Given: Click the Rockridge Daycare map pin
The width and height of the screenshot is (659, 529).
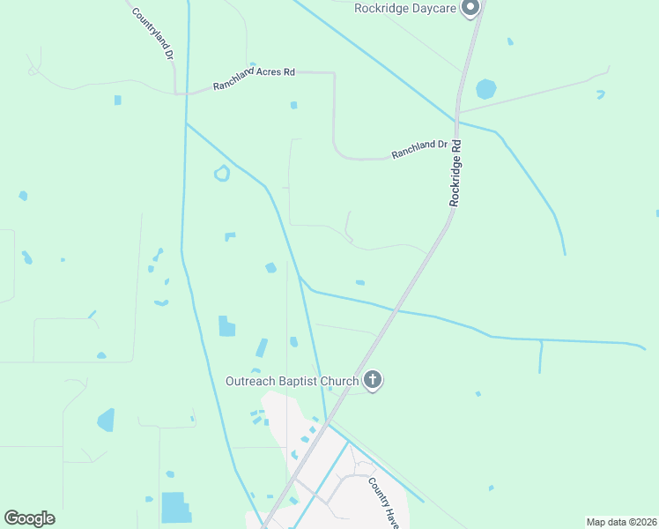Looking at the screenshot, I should (x=470, y=9).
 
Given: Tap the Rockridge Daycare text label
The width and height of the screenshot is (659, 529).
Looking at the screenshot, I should (x=404, y=8).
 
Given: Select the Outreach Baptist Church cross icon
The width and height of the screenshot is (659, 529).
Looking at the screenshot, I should (x=373, y=381).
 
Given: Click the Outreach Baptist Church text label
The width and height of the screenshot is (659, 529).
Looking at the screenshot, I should (x=292, y=381).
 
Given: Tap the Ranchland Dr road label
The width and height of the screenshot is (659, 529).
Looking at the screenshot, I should (x=420, y=151).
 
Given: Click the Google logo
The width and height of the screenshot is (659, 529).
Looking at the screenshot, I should (x=29, y=518).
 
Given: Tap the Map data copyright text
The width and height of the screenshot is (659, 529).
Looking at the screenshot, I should (x=621, y=521).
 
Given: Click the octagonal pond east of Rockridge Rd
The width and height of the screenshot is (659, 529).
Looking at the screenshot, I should (x=485, y=89).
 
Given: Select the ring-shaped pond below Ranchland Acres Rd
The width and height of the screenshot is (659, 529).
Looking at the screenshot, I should (x=222, y=174).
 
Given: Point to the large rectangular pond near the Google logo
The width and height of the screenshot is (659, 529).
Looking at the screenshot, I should (x=175, y=507).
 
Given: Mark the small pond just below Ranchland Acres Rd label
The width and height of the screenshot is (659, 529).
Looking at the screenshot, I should (x=293, y=106).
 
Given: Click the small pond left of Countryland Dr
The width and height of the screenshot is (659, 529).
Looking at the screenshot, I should (x=117, y=100).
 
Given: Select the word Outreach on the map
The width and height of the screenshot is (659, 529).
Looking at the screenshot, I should (x=251, y=381).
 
